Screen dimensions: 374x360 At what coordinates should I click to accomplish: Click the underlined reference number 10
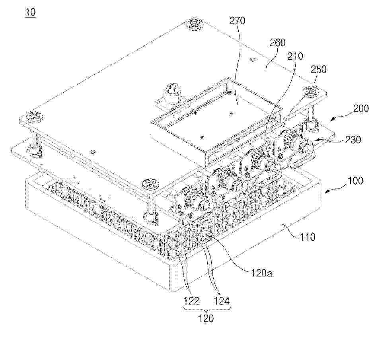tap(31, 12)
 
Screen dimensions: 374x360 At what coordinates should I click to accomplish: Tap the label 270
tap(237, 21)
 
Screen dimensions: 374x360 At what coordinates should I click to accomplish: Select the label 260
tap(277, 43)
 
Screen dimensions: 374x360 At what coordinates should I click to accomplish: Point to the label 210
tap(295, 56)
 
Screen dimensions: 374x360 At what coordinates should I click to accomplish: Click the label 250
tap(318, 69)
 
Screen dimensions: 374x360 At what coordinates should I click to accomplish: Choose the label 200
tap(361, 109)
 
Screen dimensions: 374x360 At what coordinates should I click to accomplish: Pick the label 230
tap(353, 140)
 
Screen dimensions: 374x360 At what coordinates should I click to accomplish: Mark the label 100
tap(355, 181)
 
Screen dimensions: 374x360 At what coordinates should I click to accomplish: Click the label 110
tap(308, 237)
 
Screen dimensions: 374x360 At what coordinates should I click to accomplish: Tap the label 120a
tap(261, 273)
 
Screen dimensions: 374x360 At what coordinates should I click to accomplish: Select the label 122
tap(191, 301)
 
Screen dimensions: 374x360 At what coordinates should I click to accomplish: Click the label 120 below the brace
tap(206, 319)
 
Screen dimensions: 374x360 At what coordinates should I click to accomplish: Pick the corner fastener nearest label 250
tap(311, 91)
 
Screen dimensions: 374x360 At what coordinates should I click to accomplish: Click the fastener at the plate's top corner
tap(195, 24)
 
